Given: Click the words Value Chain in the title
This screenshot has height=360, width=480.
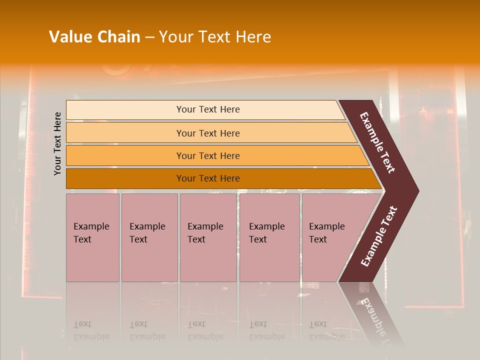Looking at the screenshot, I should tap(94, 37).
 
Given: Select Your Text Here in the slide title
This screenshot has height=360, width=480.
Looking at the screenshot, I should tap(215, 37).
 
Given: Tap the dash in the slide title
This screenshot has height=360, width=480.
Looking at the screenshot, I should tap(149, 37).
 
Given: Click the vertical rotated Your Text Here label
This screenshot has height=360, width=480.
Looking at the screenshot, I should tap(57, 143).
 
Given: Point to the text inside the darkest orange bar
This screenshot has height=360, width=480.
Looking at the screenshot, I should tap(208, 178).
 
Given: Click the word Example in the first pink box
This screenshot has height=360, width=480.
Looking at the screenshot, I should tap(91, 226).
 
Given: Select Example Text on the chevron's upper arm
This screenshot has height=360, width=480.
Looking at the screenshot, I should tap(377, 142).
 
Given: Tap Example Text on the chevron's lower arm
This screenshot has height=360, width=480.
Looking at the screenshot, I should tap(379, 236).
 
